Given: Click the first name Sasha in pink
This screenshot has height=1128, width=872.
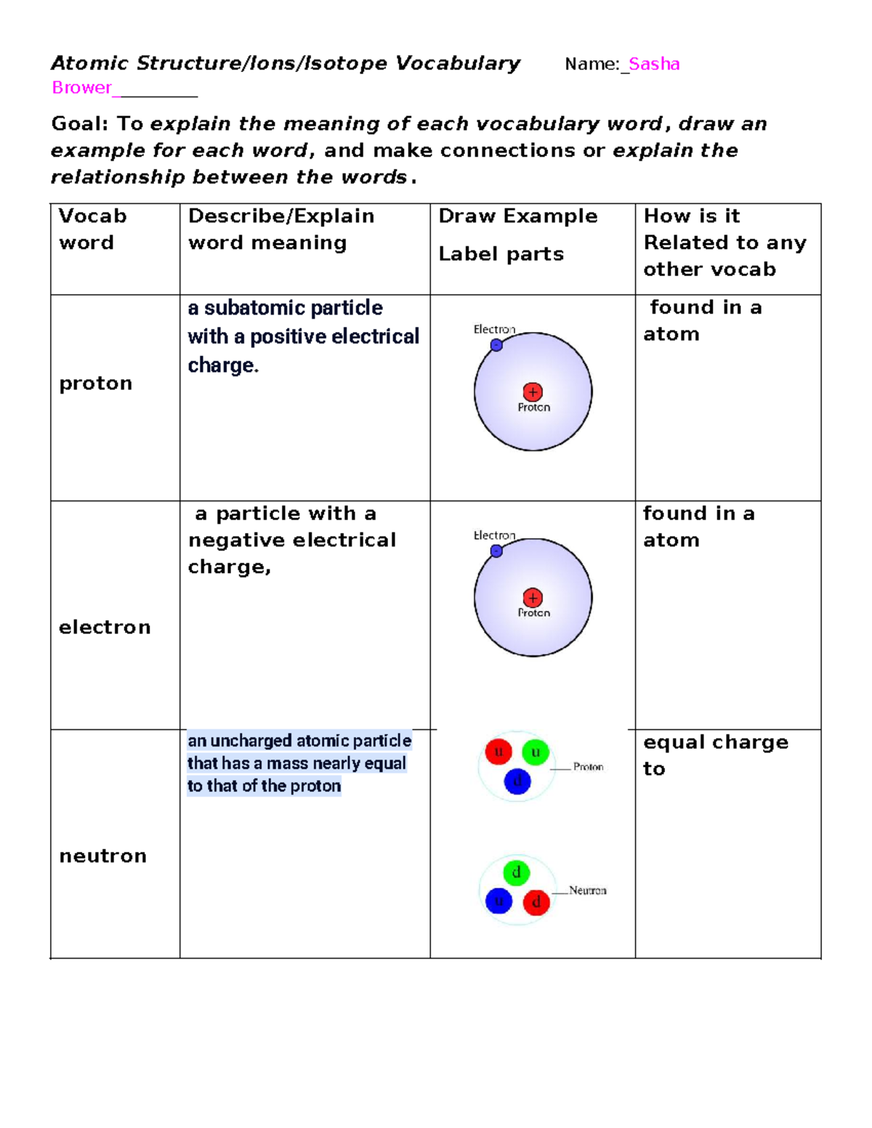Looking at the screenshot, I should point(654,64).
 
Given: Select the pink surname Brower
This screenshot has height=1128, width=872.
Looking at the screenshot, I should point(81,88).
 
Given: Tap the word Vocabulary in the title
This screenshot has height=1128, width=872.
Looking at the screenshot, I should point(458,64).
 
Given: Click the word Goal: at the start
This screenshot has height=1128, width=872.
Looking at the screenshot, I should point(79,123).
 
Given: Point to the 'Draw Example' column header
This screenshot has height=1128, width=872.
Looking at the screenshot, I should point(518,216).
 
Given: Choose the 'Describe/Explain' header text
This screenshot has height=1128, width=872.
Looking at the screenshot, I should point(281,216).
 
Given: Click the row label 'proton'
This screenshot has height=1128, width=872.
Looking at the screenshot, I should point(95,383).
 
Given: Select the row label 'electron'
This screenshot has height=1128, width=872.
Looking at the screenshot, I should point(105,627).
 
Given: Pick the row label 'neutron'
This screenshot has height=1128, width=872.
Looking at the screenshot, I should point(102,856).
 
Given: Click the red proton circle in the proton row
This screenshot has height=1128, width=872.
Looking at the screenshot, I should point(533,392).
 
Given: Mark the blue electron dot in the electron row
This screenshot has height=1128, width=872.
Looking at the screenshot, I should point(496,551).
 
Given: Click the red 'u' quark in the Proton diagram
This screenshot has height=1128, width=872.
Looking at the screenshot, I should point(498,752).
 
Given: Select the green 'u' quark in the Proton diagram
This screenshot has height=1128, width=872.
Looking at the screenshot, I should point(536,752).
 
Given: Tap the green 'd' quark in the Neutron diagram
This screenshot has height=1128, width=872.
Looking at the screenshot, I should point(516,872).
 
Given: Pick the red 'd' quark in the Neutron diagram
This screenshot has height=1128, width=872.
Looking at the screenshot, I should point(536,902).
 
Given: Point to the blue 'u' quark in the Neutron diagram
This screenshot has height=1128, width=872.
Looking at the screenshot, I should point(498,901).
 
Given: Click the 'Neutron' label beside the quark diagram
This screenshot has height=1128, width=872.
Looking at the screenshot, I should point(587,890).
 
